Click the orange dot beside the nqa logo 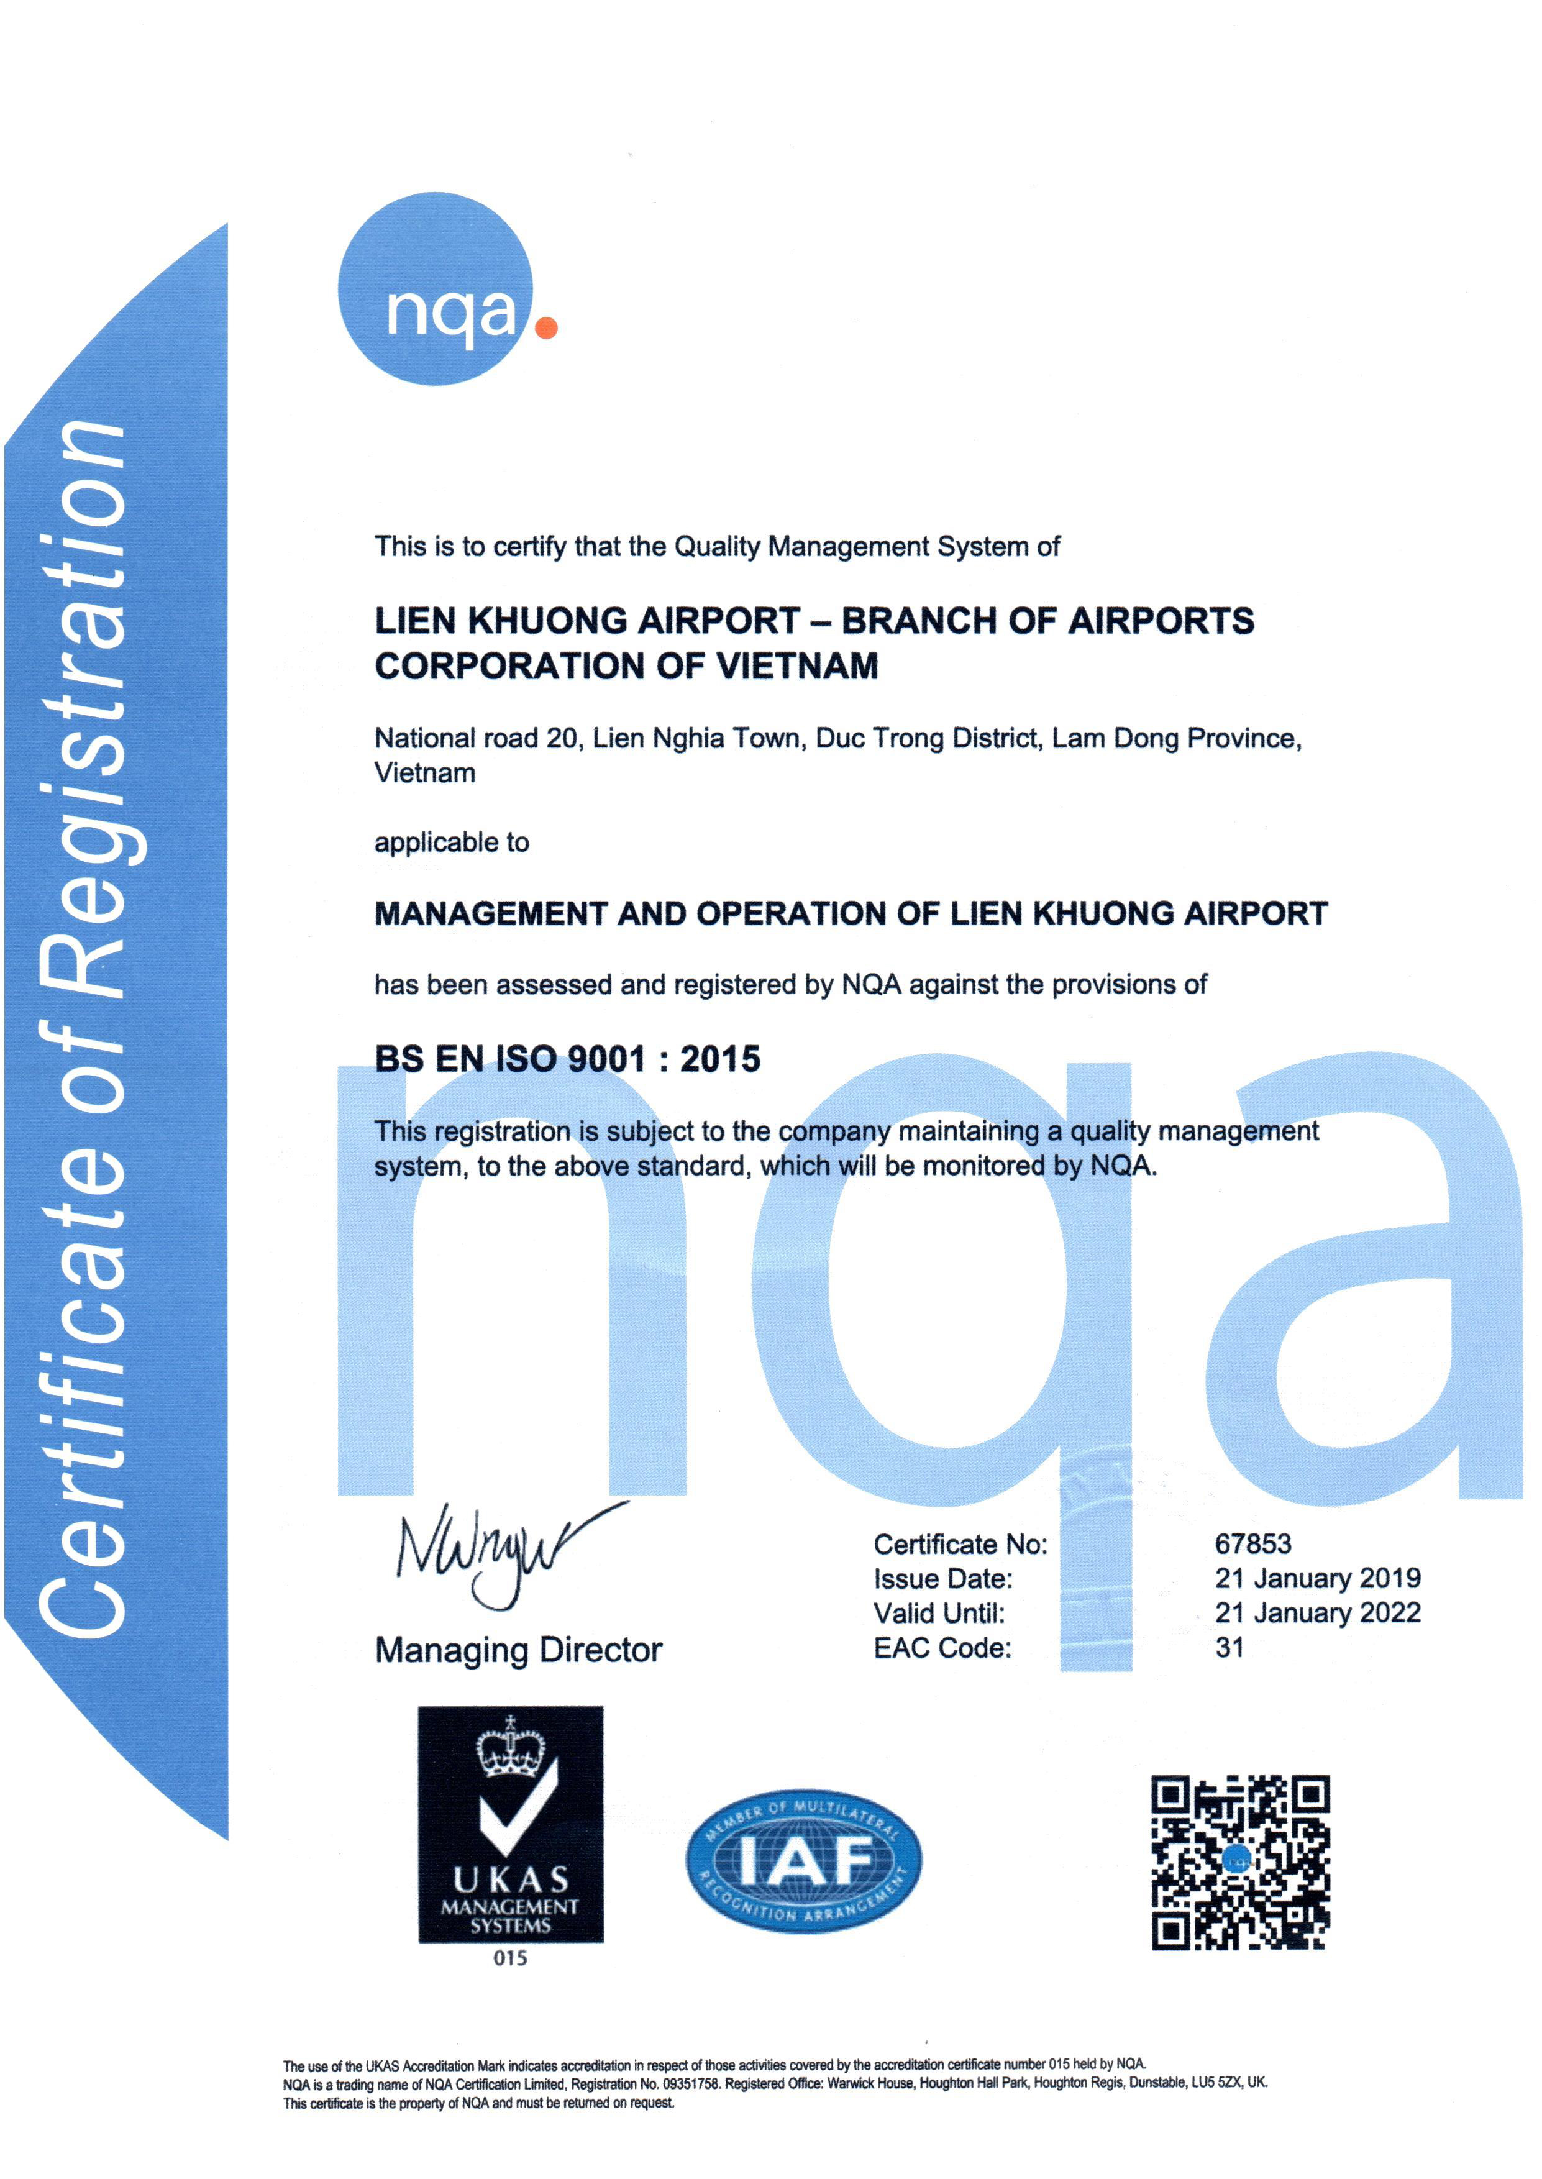click(x=546, y=327)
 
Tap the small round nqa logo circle click(x=436, y=289)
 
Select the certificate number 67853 click(x=1252, y=1544)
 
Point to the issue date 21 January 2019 click(x=1317, y=1578)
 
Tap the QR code click(x=1240, y=1862)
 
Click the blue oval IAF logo click(x=803, y=1860)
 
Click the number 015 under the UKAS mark click(x=510, y=1958)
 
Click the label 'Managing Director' click(x=518, y=1650)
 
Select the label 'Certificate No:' click(x=960, y=1544)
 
